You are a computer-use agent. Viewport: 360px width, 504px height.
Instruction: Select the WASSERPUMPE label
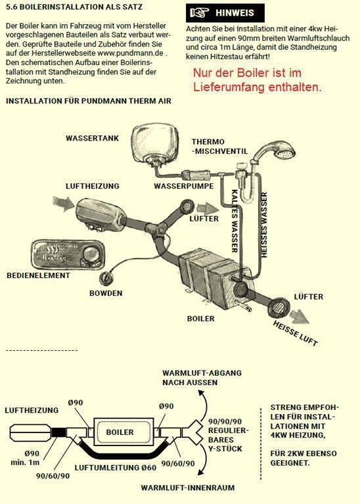[184, 186]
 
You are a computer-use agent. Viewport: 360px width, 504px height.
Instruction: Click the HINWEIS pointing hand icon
[200, 13]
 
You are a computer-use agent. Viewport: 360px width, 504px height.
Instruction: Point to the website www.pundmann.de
[130, 53]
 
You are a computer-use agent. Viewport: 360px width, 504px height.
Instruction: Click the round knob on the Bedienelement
[89, 254]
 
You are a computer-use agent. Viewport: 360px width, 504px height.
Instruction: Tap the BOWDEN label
[106, 293]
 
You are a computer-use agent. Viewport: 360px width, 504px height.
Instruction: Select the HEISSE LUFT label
[296, 333]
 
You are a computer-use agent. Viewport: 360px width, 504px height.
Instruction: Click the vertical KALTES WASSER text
[235, 221]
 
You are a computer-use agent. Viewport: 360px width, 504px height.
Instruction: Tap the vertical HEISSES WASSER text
[264, 225]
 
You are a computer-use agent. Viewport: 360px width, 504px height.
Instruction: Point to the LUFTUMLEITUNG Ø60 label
[116, 468]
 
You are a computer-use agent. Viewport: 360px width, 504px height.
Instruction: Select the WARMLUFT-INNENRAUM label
[188, 488]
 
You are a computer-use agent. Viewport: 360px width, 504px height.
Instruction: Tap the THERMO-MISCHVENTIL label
[220, 147]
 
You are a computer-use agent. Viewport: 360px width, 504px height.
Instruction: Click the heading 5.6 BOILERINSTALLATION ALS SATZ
[74, 7]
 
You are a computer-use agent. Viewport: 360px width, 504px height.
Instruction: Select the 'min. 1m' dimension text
[25, 463]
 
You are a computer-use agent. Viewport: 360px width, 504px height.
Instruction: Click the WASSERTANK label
[92, 138]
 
